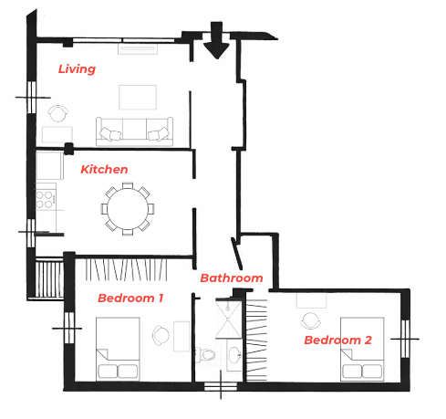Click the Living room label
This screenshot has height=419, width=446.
[x=77, y=69]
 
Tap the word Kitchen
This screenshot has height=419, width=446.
[x=104, y=170]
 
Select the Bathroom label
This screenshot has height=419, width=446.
[x=232, y=278]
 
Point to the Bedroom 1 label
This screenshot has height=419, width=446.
[x=130, y=298]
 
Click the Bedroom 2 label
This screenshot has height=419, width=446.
[x=338, y=340]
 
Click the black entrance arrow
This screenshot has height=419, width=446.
[x=216, y=40]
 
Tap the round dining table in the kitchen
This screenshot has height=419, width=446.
[x=128, y=209]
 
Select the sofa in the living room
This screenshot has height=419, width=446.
[x=134, y=131]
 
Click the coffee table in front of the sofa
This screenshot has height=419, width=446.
[x=138, y=97]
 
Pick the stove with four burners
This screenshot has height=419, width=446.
[x=46, y=199]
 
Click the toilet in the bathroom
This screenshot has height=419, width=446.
[x=205, y=354]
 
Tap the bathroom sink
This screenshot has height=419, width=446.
[x=235, y=355]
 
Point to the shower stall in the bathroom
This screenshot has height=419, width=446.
[x=228, y=319]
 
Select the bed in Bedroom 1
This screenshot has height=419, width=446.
[x=118, y=349]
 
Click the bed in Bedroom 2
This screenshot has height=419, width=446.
[x=362, y=349]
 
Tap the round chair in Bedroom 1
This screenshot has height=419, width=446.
[x=161, y=335]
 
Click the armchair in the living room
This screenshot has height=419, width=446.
[x=57, y=113]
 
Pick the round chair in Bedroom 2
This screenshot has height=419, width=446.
[x=310, y=320]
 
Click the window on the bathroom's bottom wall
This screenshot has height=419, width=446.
[x=221, y=386]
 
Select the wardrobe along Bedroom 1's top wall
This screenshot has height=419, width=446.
[x=126, y=269]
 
